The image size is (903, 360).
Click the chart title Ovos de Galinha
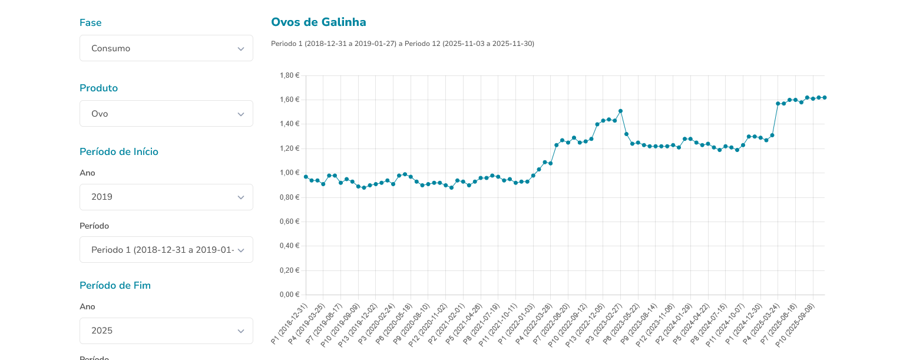click(x=318, y=22)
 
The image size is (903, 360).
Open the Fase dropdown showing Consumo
click(x=166, y=48)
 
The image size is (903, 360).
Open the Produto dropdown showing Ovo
click(x=166, y=114)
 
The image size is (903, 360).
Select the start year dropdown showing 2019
click(x=166, y=197)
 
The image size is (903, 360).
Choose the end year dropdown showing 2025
click(x=166, y=331)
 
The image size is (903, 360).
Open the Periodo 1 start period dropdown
click(x=166, y=250)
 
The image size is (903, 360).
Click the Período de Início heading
click(x=118, y=151)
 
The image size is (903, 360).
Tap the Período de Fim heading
click(x=115, y=285)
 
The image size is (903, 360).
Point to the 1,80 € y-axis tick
click(x=289, y=75)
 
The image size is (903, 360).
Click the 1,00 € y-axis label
click(x=289, y=173)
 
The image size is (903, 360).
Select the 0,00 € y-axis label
click(x=289, y=295)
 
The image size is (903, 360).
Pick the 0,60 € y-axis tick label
click(x=289, y=222)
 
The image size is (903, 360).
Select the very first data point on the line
click(x=306, y=177)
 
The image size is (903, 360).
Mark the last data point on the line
click(x=825, y=97)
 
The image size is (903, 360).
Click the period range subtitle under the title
click(x=402, y=44)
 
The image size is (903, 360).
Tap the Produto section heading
click(x=98, y=88)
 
